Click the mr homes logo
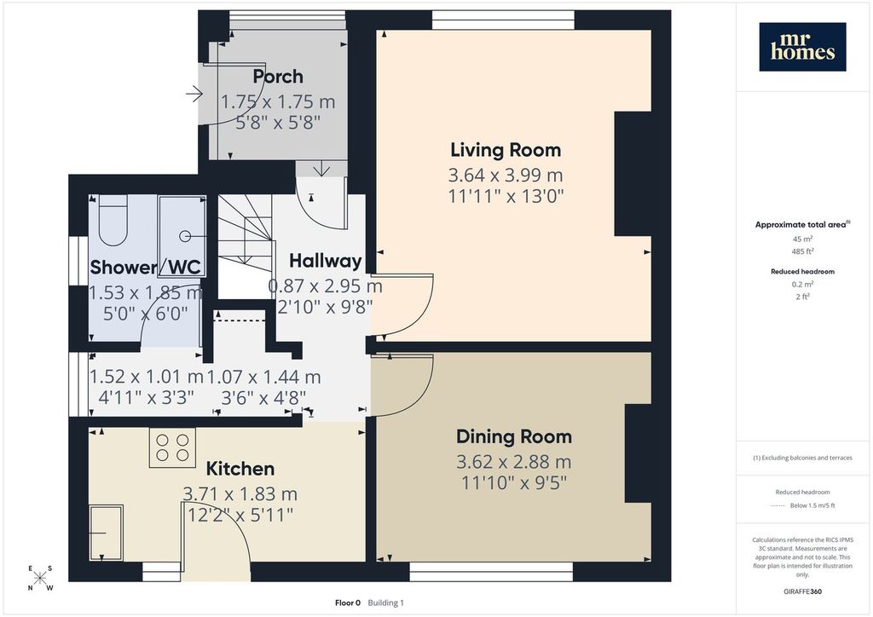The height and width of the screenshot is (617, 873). coord(802,47)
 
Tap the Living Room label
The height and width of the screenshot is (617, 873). coord(506,150)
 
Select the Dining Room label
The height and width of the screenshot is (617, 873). coord(514,436)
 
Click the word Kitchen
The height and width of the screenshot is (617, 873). coord(240,469)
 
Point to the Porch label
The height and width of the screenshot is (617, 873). coord(278,76)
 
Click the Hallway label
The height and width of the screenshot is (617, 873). coord(325,261)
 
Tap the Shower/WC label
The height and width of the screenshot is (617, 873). coord(145,267)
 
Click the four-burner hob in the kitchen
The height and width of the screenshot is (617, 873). coord(172,447)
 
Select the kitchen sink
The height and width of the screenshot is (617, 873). coord(106,533)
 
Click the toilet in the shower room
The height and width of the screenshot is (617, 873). coord(113,221)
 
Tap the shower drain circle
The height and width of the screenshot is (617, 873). coord(184,236)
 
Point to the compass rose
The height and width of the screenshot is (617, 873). coord(39,578)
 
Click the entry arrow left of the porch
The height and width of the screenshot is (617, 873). coord(194,94)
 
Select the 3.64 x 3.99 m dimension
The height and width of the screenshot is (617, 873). coord(506,176)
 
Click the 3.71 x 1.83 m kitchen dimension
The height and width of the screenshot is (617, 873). coord(240,494)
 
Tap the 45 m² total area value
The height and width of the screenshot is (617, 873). coord(802,239)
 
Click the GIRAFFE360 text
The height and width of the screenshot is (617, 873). coord(802,591)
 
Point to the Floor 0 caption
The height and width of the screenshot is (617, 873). coord(348,603)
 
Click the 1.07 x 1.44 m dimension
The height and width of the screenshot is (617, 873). coord(264,378)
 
